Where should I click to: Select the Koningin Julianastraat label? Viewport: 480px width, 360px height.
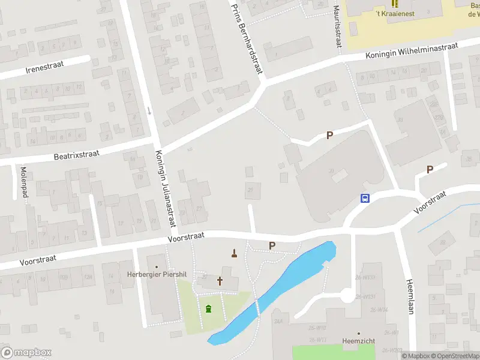click(165, 188)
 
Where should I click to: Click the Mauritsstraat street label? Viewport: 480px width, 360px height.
click(337, 23)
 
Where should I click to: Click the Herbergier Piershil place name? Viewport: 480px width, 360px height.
click(157, 274)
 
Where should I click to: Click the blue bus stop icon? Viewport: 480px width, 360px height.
click(364, 199)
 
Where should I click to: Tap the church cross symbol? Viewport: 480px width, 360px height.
click(220, 280)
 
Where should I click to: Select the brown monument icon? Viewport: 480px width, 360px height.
click(234, 253)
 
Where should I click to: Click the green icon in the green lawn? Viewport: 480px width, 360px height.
click(208, 309)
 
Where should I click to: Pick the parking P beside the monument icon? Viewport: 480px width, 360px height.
click(272, 245)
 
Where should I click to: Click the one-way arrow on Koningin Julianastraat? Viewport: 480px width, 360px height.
click(149, 111)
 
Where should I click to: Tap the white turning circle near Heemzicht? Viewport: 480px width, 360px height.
click(346, 295)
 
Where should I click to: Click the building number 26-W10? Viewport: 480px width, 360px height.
click(317, 328)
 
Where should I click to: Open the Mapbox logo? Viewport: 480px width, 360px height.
click(26, 352)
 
